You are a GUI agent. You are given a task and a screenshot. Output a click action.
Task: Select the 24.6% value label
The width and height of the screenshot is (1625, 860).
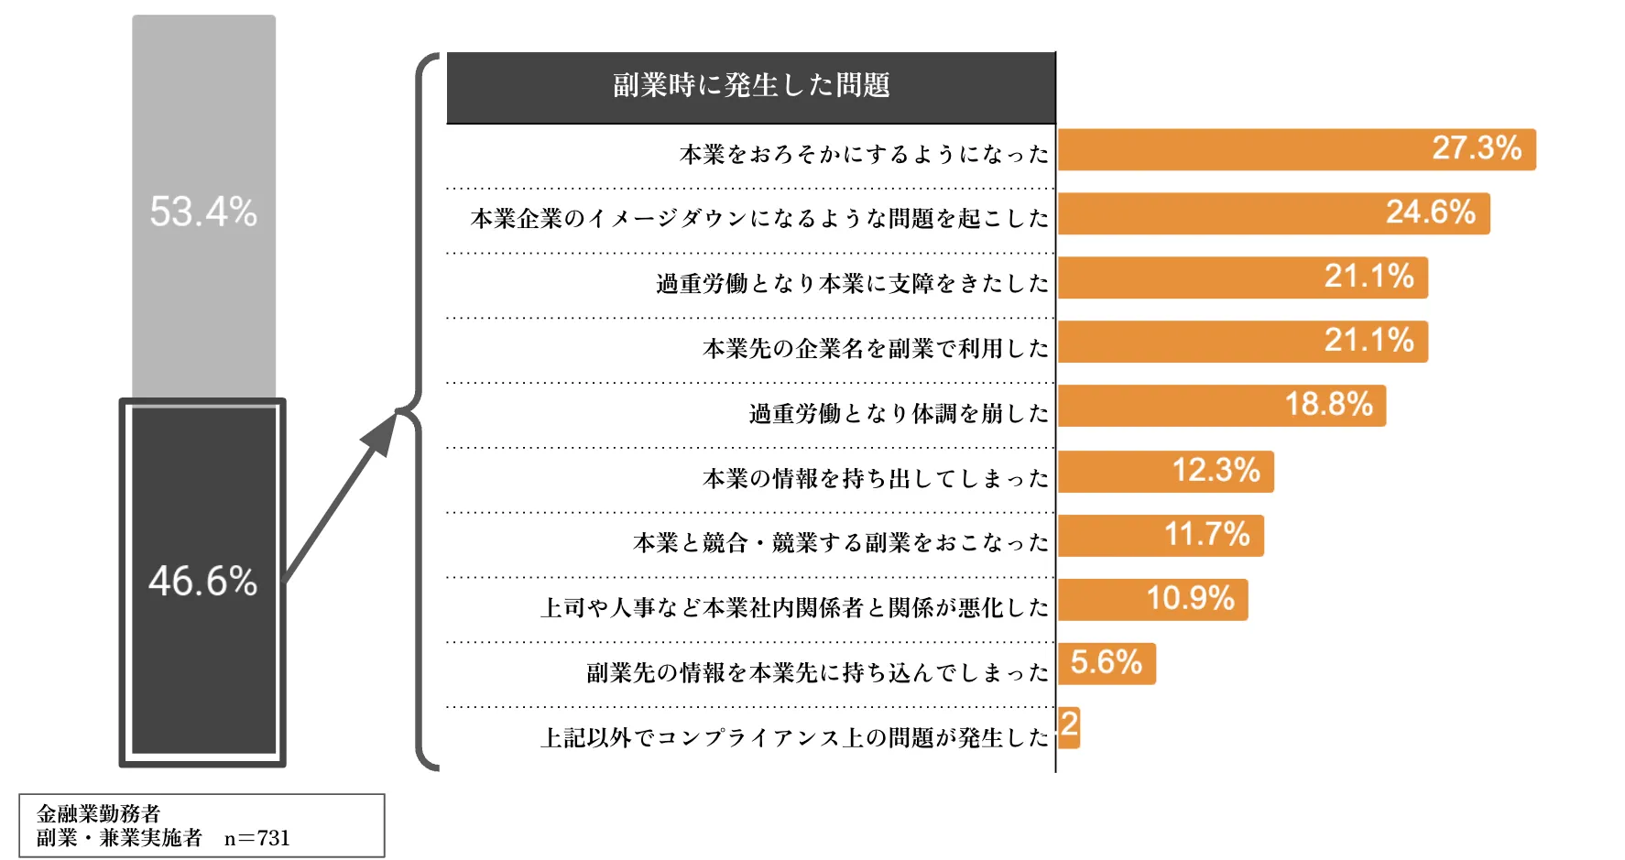coord(1430,212)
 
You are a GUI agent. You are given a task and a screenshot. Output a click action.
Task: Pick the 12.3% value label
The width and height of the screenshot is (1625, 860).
coord(1216,471)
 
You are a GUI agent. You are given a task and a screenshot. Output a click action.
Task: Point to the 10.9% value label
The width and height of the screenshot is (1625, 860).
coord(1190,599)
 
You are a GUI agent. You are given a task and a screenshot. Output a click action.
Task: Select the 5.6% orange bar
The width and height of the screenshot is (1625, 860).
coord(1107,663)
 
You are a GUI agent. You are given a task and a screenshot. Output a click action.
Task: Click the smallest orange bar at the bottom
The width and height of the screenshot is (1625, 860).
coord(1069,727)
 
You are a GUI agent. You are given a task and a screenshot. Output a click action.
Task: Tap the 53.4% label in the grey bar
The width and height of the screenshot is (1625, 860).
coord(203,212)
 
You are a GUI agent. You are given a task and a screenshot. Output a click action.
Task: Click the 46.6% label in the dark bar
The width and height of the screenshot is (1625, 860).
coord(203,582)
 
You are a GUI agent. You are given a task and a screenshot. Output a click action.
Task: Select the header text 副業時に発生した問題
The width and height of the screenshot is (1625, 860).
coord(751,86)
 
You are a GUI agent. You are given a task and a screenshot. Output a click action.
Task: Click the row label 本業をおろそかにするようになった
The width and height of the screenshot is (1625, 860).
coord(864,154)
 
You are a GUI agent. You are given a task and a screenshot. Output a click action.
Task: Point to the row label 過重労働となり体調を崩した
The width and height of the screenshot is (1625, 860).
coord(899,414)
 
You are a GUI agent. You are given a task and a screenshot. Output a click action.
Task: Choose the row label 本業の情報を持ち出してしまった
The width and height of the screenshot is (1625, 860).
coord(875,479)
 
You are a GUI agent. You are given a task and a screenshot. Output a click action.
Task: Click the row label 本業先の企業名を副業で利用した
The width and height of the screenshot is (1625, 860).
coord(875,349)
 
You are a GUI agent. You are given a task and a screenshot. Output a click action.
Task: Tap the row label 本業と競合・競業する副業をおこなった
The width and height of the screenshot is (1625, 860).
coord(840,543)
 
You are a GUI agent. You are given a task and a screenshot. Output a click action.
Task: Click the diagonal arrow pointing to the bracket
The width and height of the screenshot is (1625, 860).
coord(342,495)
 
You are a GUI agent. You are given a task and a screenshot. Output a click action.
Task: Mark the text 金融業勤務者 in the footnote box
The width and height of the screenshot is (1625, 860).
coord(98,813)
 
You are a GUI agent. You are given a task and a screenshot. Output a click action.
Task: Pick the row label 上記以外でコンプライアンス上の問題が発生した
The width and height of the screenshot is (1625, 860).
coord(794,738)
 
